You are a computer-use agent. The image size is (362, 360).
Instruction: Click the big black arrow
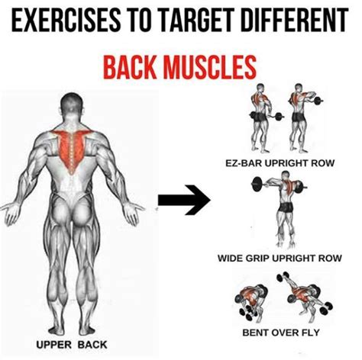[184, 200]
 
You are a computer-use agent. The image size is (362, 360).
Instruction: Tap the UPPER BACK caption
[72, 345]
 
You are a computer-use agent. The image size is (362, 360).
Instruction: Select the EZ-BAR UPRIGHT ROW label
[280, 162]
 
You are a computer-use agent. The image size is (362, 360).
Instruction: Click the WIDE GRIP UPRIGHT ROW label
[280, 258]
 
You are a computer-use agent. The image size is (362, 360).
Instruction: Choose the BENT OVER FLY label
[281, 333]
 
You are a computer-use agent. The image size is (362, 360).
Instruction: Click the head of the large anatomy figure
[72, 104]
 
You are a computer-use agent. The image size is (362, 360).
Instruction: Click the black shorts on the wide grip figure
[286, 207]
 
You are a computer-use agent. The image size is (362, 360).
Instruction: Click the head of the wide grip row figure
[286, 175]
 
